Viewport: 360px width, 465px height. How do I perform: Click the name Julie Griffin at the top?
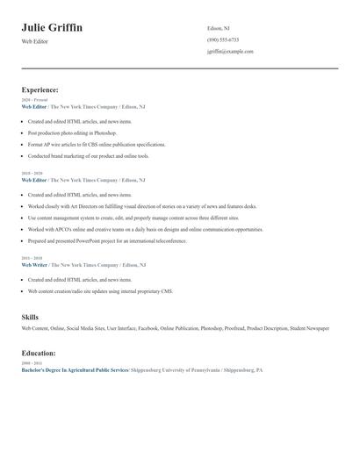52,28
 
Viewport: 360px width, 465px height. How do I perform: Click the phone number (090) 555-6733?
223,39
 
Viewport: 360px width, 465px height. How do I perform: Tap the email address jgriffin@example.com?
230,52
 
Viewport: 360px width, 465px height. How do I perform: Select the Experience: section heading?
40,89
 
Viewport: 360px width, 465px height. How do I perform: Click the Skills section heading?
31,317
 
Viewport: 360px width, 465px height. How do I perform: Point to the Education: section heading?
39,353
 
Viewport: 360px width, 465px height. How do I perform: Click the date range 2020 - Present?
34,100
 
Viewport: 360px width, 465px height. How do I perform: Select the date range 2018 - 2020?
32,174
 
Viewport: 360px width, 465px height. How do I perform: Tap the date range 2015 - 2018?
32,258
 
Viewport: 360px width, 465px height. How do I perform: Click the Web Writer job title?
34,265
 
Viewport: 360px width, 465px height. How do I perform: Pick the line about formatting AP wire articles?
96,144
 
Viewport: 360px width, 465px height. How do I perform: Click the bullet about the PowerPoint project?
107,240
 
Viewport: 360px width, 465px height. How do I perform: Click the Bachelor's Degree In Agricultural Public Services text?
75,370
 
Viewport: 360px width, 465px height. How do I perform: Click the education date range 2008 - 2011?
32,363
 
